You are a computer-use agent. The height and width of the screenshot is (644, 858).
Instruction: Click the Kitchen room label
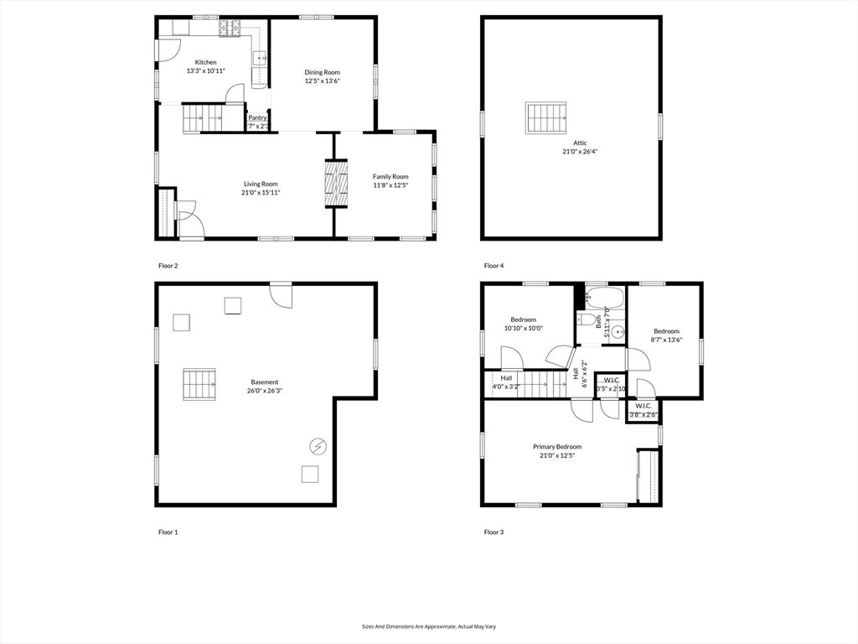pos(205,63)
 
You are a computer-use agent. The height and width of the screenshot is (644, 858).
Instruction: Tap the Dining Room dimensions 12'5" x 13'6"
pos(322,81)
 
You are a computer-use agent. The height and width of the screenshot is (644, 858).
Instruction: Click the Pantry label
pos(257,118)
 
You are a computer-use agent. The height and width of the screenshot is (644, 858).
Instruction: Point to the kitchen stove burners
pos(229,29)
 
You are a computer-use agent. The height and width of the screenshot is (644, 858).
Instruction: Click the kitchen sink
pos(261,58)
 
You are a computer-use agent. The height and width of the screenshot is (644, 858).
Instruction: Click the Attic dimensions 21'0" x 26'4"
pos(580,152)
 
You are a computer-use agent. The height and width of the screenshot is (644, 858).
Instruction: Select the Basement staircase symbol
pos(200,384)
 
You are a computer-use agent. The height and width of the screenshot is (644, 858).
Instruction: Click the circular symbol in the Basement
pos(318,446)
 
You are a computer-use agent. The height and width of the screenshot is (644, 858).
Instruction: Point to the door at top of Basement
pos(281,293)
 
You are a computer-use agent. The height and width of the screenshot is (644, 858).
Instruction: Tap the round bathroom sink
pos(618,332)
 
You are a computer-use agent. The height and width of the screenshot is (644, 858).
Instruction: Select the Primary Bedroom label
pos(557,447)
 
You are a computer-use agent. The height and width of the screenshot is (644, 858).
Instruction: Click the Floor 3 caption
pos(494,532)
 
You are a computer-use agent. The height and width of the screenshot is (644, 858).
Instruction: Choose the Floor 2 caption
pos(168,266)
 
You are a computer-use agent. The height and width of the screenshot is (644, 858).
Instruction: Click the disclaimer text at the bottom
pos(428,626)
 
